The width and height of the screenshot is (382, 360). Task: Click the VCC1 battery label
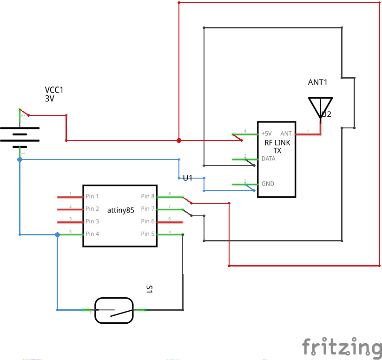coord(54,90)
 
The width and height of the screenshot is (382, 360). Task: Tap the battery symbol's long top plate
coord(20,128)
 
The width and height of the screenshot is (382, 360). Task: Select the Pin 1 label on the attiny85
coord(92,197)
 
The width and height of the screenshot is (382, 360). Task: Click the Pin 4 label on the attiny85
coord(92,234)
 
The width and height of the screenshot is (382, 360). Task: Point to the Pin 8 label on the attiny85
coord(148,197)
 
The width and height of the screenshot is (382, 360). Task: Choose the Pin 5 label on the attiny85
coord(148,234)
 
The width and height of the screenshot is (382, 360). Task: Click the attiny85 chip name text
coord(120,210)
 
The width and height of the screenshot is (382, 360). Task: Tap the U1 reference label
coord(188,178)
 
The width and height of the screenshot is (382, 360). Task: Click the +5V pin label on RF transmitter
coord(267,133)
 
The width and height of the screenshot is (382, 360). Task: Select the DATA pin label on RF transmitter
coord(269,159)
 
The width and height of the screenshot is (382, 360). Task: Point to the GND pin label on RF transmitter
coord(268,184)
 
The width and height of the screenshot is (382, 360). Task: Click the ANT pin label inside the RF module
coord(286,133)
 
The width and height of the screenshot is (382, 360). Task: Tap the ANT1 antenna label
coord(318,82)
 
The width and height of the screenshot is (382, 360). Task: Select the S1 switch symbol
coord(114,310)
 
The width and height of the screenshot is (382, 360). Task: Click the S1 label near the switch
coord(149,289)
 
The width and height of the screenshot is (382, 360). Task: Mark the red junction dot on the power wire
coord(179,140)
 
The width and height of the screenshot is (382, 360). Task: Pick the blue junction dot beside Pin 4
coord(58,234)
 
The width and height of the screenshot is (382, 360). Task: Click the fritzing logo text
coord(342,347)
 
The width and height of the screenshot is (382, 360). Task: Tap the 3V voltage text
coord(50,99)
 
